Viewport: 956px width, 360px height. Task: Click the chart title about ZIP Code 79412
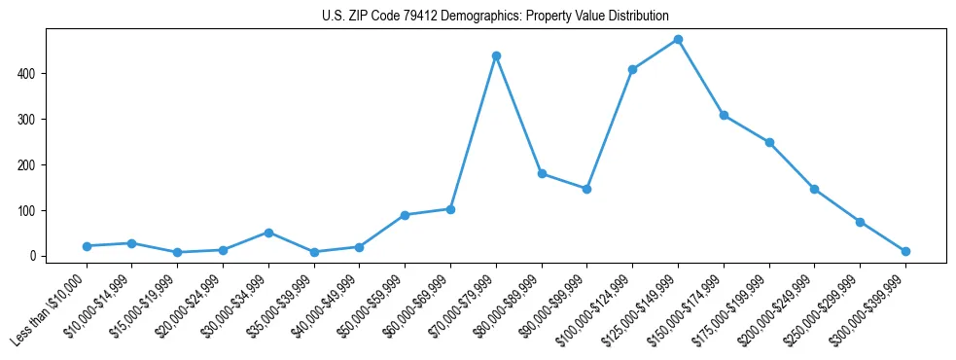[495, 17]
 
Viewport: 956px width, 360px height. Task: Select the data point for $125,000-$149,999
[678, 40]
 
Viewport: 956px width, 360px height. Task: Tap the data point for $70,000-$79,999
[496, 56]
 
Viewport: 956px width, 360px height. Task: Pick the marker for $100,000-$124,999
[632, 69]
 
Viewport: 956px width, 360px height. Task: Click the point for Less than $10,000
[87, 246]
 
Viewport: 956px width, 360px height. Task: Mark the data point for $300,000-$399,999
[905, 251]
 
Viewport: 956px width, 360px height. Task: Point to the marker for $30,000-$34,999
[268, 233]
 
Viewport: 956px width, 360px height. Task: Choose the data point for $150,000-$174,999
[724, 115]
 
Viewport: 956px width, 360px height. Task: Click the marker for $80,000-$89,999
[542, 174]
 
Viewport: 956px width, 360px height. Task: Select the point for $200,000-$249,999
[814, 189]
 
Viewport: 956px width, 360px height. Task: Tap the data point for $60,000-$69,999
[450, 209]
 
